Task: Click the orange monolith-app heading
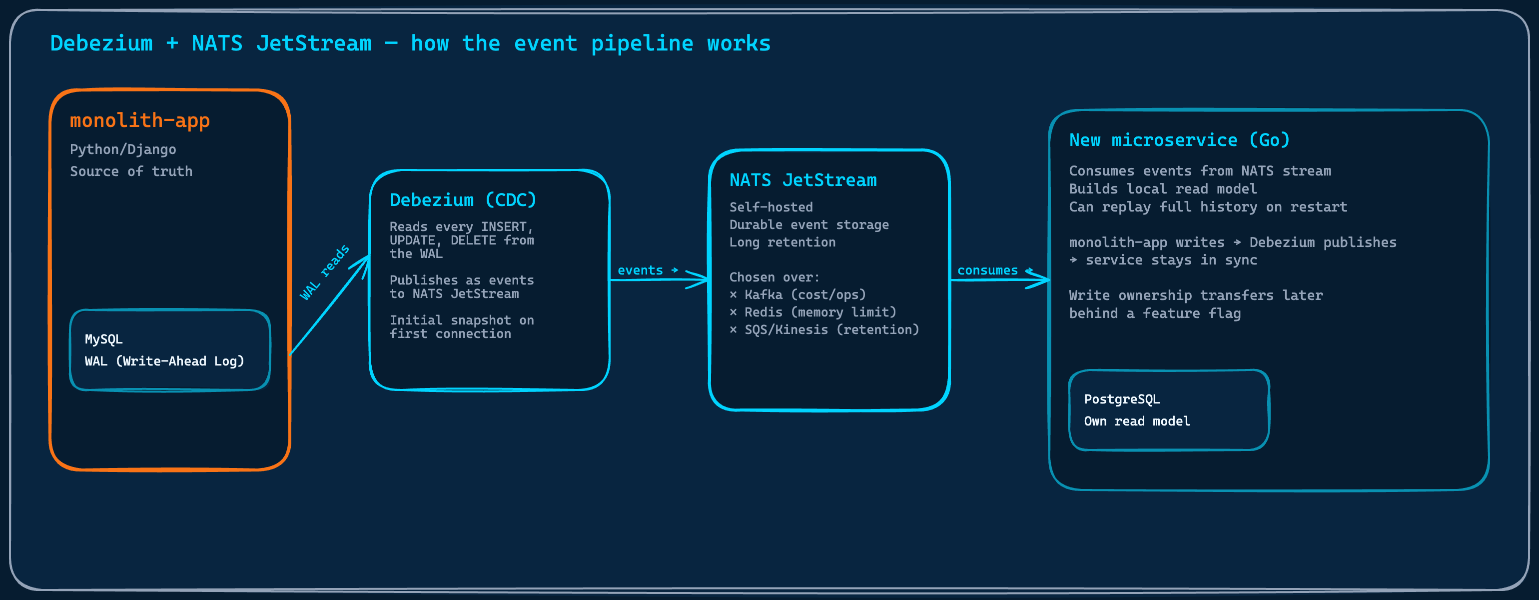coord(140,120)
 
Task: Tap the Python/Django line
coord(123,149)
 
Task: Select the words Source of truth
coord(131,171)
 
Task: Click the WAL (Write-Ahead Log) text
coord(164,361)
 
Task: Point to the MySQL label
coord(103,339)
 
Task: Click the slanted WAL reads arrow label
coord(324,272)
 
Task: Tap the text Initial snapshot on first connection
coord(461,327)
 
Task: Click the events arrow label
coord(640,270)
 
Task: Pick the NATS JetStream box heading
coord(802,180)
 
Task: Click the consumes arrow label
coord(987,270)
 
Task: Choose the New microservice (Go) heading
coord(1179,140)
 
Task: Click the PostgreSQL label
coord(1121,399)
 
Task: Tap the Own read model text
coord(1136,421)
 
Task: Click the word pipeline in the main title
coord(642,43)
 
